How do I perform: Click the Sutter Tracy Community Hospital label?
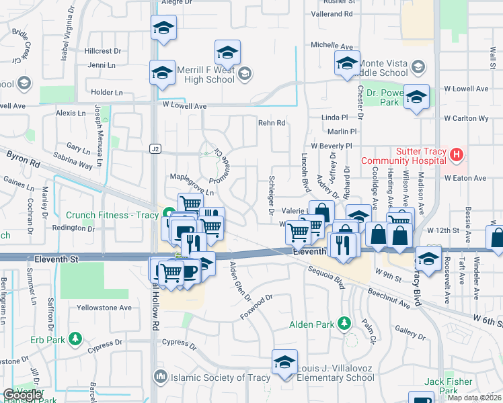point(403,156)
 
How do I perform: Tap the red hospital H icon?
point(457,156)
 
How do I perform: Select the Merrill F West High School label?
point(206,75)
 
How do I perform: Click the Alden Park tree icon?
point(345,324)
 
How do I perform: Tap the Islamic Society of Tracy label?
point(213,377)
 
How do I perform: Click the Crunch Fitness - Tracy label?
point(112,216)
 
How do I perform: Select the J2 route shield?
point(156,148)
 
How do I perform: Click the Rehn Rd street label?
point(272,123)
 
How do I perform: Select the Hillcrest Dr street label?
point(103,51)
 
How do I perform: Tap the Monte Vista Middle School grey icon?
point(418,66)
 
